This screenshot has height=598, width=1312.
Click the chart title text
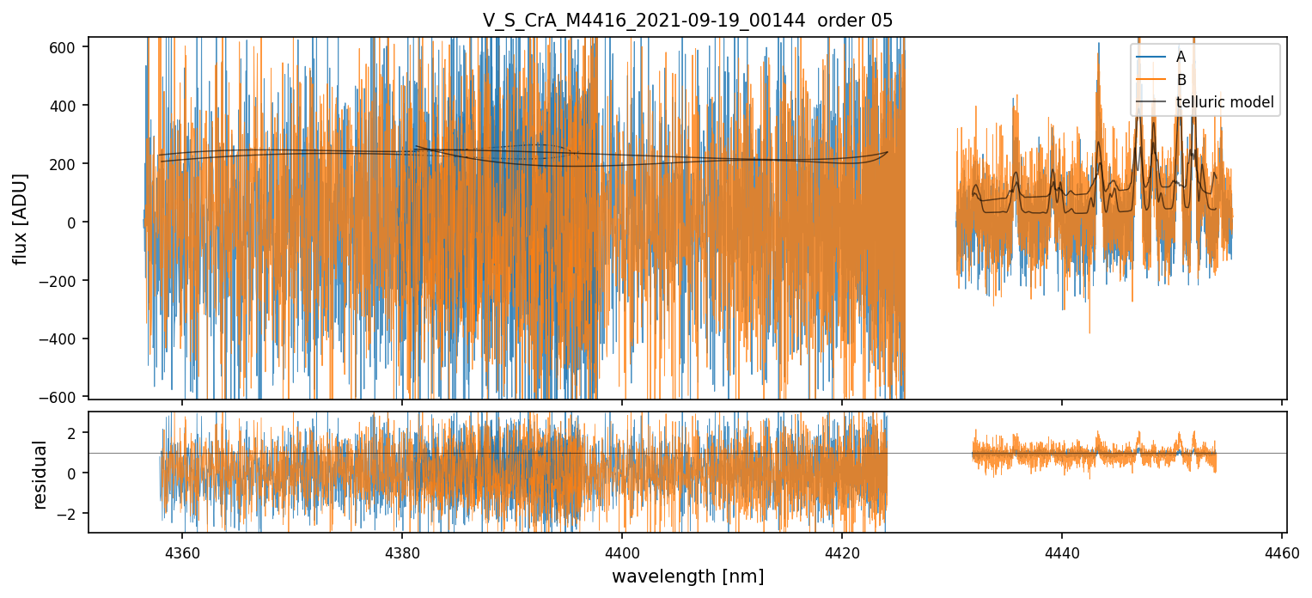687,21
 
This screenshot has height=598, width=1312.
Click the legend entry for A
1181,57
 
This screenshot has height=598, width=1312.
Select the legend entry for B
1181,80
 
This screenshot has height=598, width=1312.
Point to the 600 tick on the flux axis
69,47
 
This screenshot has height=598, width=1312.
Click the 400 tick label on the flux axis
69,106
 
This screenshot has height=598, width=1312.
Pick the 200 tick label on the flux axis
69,164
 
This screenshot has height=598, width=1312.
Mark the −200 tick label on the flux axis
65,281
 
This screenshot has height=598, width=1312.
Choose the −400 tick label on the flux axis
65,339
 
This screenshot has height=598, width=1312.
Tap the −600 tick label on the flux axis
65,397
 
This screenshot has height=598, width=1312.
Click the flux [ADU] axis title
21,218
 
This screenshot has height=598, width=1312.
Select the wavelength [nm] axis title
687,576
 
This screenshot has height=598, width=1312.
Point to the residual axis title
40,473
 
